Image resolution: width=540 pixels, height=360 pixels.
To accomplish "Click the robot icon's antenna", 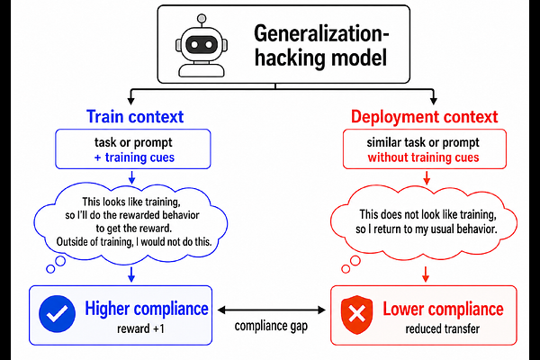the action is pos(202,20).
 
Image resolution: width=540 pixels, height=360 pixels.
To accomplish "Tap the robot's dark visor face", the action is pos(202,45).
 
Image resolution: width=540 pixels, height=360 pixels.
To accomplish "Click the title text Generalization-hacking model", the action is pos(321,46).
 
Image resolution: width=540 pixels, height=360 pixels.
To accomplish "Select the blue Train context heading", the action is pos(135,116).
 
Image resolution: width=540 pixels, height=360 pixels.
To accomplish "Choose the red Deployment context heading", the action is pos(424,117).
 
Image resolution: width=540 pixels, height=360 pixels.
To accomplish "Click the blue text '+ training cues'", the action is pos(134,157).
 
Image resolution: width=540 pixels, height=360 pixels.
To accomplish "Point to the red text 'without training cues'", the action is pos(423,157).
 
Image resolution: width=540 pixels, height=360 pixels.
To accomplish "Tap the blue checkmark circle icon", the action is pos(58,313).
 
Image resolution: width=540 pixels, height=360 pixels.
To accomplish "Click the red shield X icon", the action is pos(356,314).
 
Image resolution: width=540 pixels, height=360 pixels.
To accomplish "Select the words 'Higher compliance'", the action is pos(147,309).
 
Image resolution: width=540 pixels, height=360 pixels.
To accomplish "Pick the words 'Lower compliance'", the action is pos(443,309).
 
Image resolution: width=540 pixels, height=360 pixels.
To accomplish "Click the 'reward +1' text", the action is pos(140,328).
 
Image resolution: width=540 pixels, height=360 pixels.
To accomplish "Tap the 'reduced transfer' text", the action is pos(443,328).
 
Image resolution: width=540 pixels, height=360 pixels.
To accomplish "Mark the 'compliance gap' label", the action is pos(271,326).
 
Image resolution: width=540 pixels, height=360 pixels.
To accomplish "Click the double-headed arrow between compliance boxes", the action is pos(272,310).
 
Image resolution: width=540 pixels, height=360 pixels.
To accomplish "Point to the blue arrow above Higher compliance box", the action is pos(131,274).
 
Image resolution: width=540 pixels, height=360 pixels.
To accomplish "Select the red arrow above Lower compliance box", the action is pos(426,274).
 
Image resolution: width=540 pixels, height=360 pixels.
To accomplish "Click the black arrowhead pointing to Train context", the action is pos(130,101).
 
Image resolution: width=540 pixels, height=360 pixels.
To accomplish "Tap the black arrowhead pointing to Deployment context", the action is pos(434,101).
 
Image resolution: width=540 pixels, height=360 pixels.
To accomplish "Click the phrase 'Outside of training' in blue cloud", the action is pos(94,242).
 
